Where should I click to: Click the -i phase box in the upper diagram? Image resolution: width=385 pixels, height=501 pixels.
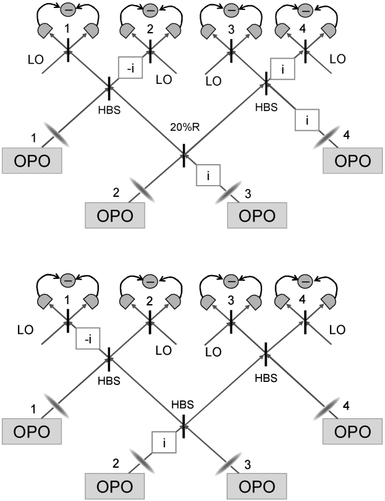pyautogui.click(x=130, y=69)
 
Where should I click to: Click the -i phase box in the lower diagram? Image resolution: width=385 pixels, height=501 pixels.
pyautogui.click(x=88, y=339)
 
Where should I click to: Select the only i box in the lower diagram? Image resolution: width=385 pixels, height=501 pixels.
pyautogui.click(x=164, y=442)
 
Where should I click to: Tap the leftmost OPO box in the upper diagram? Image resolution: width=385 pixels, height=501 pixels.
pyautogui.click(x=32, y=160)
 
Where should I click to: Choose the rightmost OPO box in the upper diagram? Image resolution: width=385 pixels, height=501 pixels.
pyautogui.click(x=353, y=160)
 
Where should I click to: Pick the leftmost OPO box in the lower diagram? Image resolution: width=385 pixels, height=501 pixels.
pyautogui.click(x=32, y=431)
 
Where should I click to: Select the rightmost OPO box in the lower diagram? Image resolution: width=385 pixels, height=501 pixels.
pyautogui.click(x=353, y=431)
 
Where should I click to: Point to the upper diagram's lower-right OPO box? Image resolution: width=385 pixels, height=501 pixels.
pyautogui.click(x=256, y=217)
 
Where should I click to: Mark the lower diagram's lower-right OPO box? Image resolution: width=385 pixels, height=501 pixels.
pyautogui.click(x=256, y=487)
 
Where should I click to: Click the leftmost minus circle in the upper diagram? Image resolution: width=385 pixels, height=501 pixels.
pyautogui.click(x=69, y=10)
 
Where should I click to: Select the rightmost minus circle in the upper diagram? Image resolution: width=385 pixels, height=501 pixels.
pyautogui.click(x=305, y=10)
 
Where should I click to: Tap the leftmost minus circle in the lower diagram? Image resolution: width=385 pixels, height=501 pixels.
pyautogui.click(x=69, y=280)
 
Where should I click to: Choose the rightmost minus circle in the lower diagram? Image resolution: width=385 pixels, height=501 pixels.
pyautogui.click(x=305, y=280)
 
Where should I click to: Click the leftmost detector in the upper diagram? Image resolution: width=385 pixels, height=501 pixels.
pyautogui.click(x=45, y=30)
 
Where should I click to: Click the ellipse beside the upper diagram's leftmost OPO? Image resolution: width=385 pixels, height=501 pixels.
pyautogui.click(x=56, y=135)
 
